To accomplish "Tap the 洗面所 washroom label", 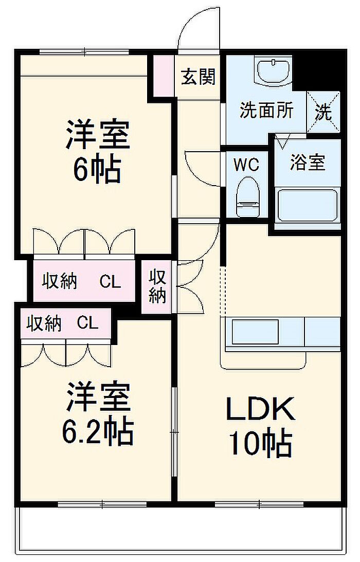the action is click(266, 111).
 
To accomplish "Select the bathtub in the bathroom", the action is click(308, 205).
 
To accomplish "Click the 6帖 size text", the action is click(96, 170).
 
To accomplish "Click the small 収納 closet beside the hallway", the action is click(157, 286).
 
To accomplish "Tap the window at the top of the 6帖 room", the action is click(84, 51).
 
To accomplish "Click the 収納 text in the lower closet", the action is click(44, 324).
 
